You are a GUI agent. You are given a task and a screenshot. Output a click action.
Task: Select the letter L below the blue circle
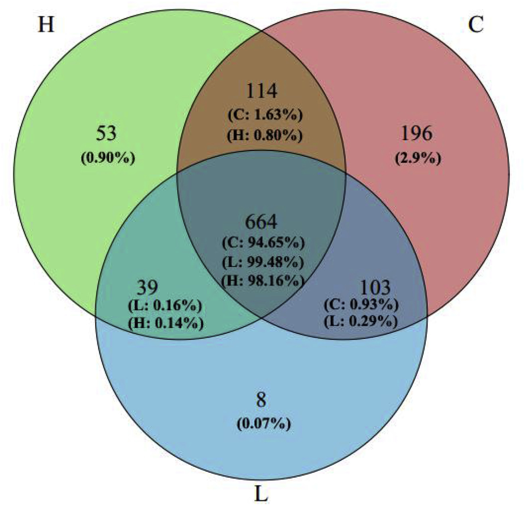click(261, 493)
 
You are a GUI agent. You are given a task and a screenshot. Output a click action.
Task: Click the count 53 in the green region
click(106, 133)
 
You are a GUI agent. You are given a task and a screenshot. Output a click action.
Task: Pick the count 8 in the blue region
click(261, 400)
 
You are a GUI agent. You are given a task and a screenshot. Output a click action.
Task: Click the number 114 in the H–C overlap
click(261, 91)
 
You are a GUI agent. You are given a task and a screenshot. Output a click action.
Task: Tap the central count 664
click(261, 222)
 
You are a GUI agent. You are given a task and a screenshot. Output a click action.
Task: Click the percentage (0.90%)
click(108, 158)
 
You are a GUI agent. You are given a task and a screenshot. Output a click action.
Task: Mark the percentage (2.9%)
click(418, 158)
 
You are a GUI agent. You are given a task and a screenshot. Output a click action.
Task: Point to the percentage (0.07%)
click(264, 424)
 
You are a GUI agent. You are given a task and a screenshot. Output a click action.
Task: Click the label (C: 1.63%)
click(265, 115)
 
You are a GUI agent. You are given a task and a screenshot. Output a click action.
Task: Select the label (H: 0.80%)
click(264, 135)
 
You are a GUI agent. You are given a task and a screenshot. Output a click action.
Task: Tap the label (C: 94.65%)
click(263, 243)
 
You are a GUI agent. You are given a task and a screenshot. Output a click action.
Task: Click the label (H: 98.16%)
click(263, 282)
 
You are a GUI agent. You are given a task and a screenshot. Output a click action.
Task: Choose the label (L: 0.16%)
click(165, 306)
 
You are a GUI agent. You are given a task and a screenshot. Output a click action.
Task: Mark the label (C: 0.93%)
click(361, 305)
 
